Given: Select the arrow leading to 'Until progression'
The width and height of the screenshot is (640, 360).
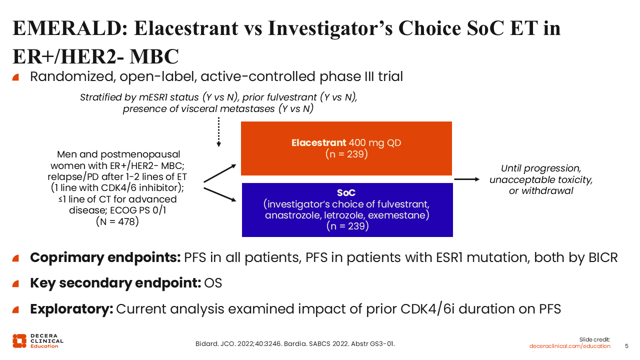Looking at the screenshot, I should (466, 178).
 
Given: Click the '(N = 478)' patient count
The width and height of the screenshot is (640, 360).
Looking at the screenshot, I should (117, 221).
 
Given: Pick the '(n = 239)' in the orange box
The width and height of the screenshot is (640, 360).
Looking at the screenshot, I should (346, 154).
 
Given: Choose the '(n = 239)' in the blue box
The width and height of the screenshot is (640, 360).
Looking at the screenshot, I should (347, 226).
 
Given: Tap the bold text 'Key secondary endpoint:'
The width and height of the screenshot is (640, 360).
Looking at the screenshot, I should (115, 283).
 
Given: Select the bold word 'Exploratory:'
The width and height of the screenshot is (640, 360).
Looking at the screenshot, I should (71, 308).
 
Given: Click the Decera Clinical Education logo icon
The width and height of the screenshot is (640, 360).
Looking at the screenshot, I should (19, 340).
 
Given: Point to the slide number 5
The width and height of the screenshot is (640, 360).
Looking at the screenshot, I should (627, 346).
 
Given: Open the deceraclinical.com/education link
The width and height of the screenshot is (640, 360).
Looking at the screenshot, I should (570, 346).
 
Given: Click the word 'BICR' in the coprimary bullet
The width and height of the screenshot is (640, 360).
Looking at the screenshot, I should (602, 257).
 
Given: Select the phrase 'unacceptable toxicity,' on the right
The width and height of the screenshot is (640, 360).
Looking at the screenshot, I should (541, 180).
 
